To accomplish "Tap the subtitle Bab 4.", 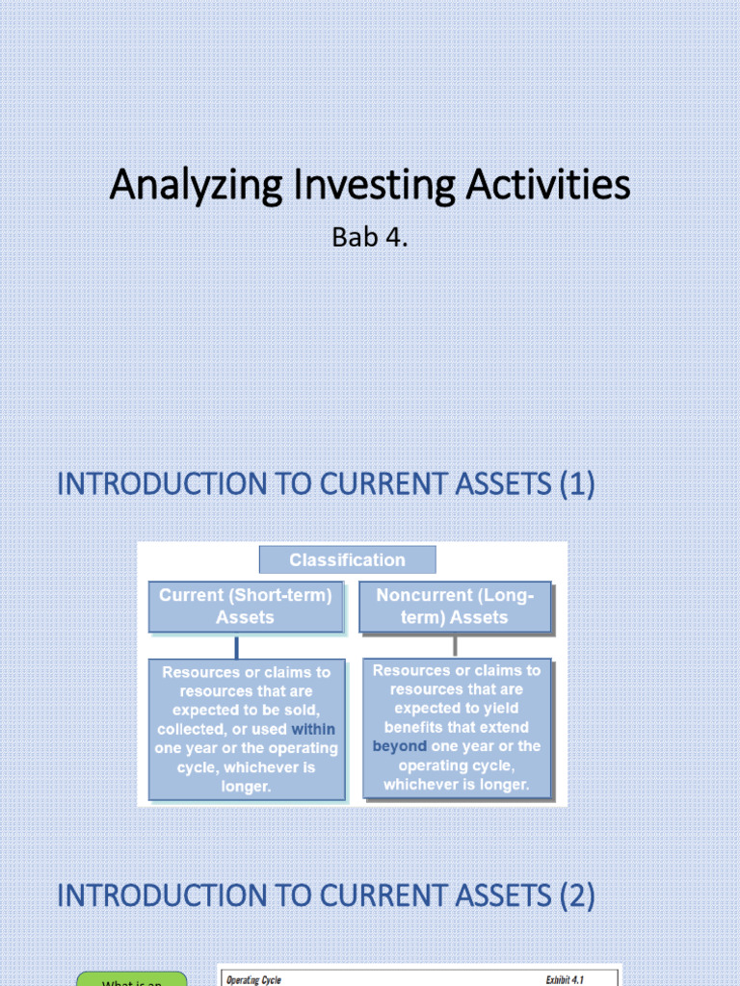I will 370,237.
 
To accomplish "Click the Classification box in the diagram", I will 347,559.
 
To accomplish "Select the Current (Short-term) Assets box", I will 245,607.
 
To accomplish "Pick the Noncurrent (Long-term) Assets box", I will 455,607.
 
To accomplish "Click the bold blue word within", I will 313,729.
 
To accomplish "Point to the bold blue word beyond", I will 399,746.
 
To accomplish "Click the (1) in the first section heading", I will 576,483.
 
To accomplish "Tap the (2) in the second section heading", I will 576,896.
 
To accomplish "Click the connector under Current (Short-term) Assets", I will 236,647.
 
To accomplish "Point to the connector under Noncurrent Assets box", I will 455,645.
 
